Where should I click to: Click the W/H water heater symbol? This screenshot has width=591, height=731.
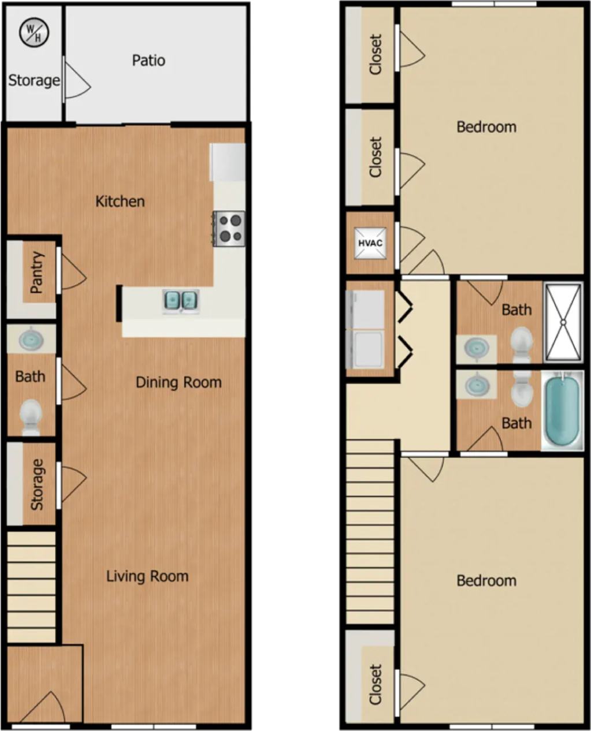click(34, 33)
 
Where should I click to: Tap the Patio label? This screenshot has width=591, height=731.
click(148, 60)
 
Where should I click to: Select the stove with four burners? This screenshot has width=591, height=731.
click(229, 229)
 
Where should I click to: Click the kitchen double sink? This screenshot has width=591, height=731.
click(181, 300)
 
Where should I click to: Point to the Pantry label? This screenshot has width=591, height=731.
click(36, 273)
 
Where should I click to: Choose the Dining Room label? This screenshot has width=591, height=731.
click(179, 382)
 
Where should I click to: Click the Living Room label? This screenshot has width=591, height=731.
click(147, 576)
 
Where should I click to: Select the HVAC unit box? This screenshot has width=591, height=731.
click(370, 243)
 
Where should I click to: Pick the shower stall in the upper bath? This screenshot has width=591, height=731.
click(563, 322)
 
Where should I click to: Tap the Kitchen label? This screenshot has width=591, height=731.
click(120, 202)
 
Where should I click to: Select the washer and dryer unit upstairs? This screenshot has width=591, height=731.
click(365, 329)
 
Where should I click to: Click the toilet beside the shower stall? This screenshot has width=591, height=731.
click(522, 344)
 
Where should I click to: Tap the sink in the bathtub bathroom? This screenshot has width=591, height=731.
click(477, 385)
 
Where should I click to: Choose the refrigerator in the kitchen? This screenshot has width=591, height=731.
click(228, 162)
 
